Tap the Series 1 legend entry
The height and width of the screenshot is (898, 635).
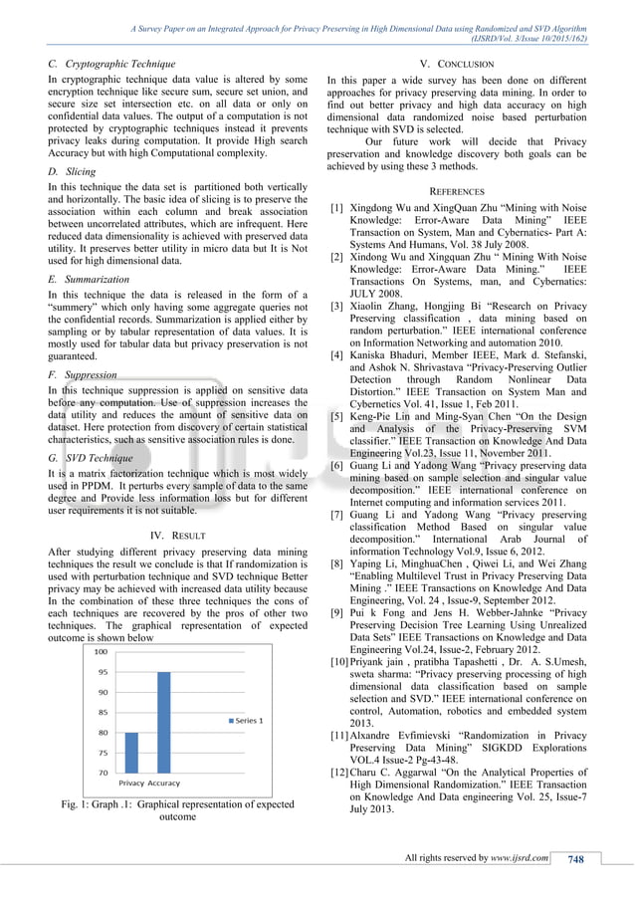click(245, 721)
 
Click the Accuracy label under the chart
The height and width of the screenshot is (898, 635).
click(164, 784)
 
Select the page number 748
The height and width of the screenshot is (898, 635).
click(575, 860)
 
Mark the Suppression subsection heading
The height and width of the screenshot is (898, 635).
click(91, 374)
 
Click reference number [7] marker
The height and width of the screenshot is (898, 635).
click(338, 517)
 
